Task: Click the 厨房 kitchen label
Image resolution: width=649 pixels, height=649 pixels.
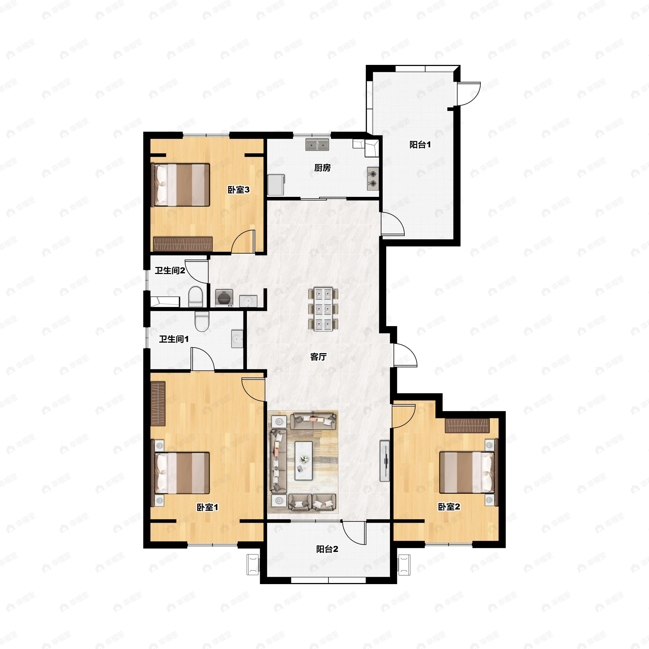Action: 323,168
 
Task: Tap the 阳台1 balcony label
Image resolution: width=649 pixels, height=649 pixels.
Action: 420,145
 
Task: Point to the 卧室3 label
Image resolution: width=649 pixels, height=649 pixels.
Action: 239,190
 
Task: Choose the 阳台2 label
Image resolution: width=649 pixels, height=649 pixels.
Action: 327,549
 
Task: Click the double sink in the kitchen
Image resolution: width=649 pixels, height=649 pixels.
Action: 317,144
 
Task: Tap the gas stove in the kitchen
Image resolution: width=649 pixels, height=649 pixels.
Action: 373,178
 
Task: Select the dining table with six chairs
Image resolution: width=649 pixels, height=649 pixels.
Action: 323,309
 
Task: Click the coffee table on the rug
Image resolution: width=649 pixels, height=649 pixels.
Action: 304,461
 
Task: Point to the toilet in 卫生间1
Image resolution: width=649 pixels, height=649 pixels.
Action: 202,322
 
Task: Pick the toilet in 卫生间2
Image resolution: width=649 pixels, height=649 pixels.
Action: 196,296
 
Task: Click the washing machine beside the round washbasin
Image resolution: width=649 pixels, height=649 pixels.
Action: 224,298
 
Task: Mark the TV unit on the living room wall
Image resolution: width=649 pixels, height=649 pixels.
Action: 385,461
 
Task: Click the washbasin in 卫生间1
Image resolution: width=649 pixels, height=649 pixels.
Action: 237,339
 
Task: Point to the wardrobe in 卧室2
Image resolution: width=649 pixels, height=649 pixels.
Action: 467,426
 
